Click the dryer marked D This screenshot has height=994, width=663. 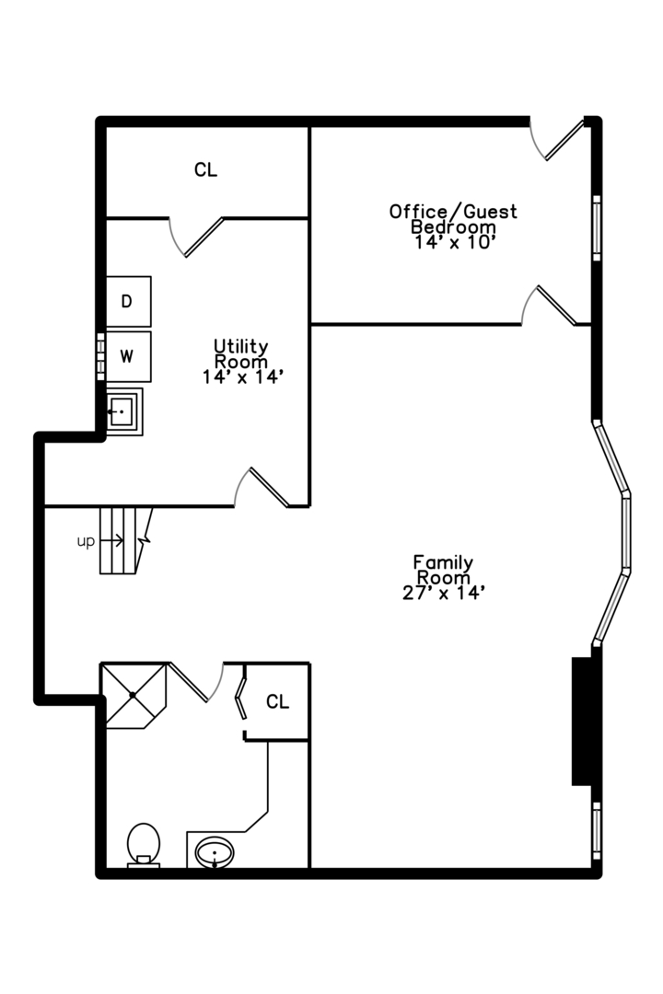[x=128, y=301]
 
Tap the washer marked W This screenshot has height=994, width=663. [x=128, y=356]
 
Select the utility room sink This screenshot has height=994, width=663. [x=123, y=411]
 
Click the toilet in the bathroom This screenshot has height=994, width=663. [x=144, y=845]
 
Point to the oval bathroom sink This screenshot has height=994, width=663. [x=215, y=852]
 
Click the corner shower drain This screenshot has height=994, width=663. [x=133, y=696]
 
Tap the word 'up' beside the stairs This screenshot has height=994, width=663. [x=86, y=541]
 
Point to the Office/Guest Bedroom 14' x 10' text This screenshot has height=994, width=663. [x=453, y=226]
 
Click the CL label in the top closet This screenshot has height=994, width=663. [x=205, y=170]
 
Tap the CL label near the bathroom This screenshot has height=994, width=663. [x=277, y=701]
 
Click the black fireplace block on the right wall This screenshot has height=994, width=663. [x=582, y=722]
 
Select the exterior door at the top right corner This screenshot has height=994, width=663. [x=556, y=140]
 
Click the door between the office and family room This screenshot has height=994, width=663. [x=548, y=306]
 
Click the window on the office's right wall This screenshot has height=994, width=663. [x=597, y=227]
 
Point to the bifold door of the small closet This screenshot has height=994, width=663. [x=241, y=698]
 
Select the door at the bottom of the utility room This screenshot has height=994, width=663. [x=262, y=488]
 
